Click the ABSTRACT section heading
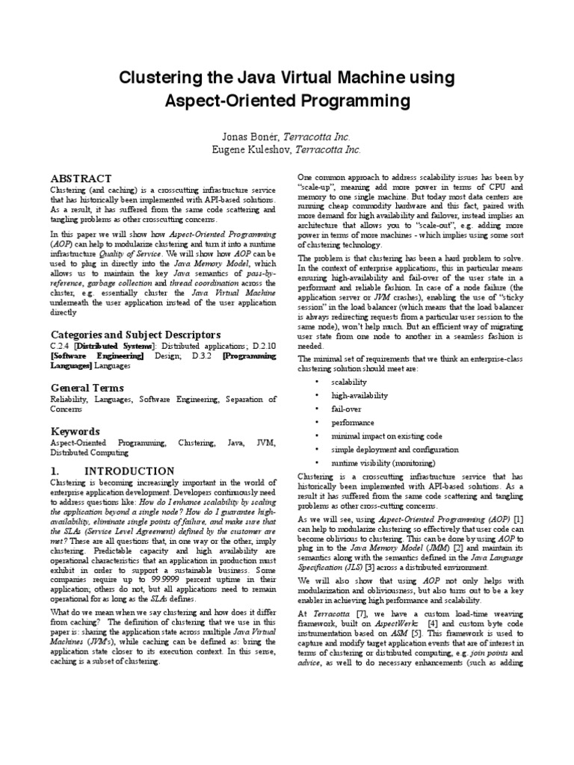(x=81, y=179)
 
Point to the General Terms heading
(x=87, y=388)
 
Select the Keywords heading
(x=75, y=431)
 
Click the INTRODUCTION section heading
(x=129, y=471)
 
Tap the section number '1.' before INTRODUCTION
(x=55, y=471)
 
